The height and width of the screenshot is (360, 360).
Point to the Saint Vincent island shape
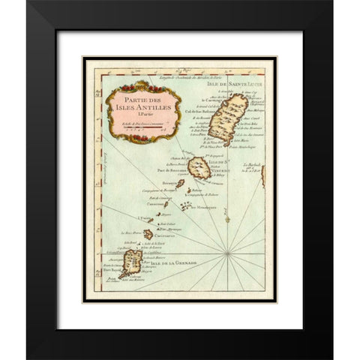(199, 169)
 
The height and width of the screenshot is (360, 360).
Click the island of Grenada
(132, 263)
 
